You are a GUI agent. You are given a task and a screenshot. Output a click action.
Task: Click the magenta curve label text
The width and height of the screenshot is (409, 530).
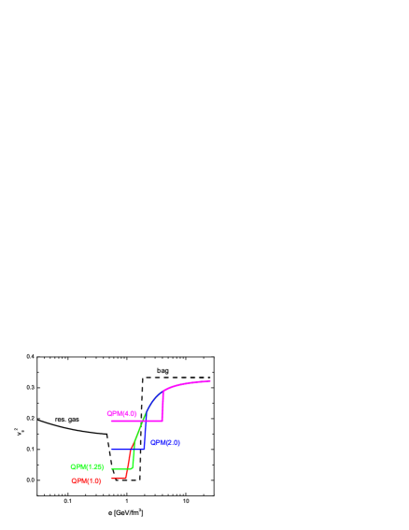(121, 413)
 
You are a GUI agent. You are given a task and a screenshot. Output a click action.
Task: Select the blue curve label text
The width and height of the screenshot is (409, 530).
(165, 442)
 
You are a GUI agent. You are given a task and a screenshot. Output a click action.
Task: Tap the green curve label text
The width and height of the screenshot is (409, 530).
(87, 466)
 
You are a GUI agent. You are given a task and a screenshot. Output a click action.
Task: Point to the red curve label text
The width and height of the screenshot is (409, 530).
(86, 480)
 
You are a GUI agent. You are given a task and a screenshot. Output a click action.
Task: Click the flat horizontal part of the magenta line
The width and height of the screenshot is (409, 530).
(136, 421)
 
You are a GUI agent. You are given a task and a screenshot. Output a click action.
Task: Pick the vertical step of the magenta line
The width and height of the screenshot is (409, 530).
(162, 406)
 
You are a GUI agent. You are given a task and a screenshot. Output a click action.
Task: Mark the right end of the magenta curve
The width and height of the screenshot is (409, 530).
(210, 380)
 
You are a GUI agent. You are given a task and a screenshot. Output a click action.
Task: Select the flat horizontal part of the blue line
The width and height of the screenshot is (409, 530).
(127, 449)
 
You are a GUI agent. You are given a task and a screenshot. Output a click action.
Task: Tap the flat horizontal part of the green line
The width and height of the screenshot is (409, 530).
(119, 468)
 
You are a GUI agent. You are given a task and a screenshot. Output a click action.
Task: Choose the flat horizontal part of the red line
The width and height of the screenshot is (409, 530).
(119, 478)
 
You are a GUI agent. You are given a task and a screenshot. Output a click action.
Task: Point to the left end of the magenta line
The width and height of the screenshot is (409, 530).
(111, 421)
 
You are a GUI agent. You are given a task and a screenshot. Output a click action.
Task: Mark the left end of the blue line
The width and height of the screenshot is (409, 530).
(112, 449)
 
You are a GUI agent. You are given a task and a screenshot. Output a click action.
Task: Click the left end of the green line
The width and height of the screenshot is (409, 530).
(112, 468)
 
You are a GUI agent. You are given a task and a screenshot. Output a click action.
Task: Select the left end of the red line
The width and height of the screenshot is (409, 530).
(112, 478)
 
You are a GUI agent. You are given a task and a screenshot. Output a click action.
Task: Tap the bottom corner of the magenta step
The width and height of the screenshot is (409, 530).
(162, 421)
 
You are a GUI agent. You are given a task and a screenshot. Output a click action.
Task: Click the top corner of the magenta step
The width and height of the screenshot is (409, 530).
(163, 391)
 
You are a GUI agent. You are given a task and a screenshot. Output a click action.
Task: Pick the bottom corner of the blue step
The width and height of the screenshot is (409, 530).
(144, 449)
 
